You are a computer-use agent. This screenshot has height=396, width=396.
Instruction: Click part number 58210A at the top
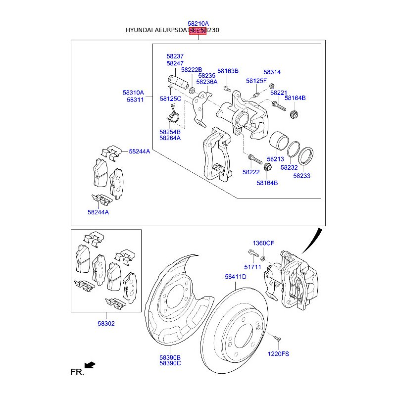(x=198, y=23)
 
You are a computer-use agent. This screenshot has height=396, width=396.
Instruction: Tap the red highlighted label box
(x=198, y=30)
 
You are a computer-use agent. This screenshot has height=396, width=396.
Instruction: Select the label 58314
(x=272, y=72)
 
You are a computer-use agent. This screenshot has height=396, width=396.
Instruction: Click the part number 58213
(x=275, y=159)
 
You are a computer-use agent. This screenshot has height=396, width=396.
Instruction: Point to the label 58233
(x=301, y=175)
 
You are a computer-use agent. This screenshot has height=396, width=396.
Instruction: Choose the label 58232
(x=289, y=167)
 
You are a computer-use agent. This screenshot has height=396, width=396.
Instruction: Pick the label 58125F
(x=256, y=80)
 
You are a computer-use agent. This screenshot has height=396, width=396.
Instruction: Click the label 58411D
(x=235, y=277)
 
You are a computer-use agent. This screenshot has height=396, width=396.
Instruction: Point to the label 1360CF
(x=263, y=243)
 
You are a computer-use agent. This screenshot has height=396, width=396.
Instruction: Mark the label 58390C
(x=170, y=363)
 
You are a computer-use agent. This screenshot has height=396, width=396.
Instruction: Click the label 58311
(x=135, y=99)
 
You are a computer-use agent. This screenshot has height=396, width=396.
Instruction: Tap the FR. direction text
(x=77, y=371)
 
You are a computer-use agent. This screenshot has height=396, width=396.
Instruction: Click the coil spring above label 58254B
(x=172, y=117)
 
